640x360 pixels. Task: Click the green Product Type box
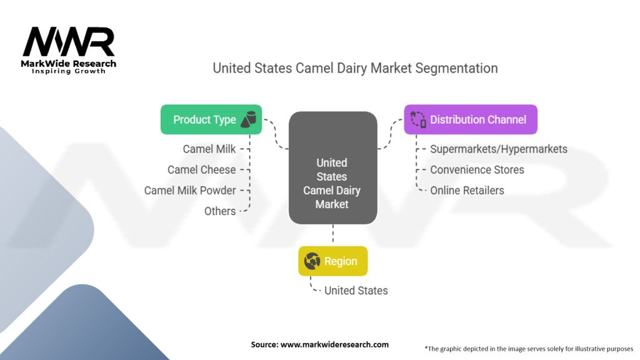211,119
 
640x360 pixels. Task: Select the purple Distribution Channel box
470,119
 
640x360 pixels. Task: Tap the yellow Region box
332,261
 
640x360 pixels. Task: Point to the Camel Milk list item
209,149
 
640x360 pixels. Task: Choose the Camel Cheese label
201,169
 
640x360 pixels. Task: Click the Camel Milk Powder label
190,190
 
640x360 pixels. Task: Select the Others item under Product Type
220,211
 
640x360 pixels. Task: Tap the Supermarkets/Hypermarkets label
498,149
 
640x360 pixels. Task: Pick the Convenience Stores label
476,169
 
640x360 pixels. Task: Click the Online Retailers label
466,190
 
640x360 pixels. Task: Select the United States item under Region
356,291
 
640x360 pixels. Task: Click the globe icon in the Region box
312,261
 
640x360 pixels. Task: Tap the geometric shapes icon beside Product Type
249,119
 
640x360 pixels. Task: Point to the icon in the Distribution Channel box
417,119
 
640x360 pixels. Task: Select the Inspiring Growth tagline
69,71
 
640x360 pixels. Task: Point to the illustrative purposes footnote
529,348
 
